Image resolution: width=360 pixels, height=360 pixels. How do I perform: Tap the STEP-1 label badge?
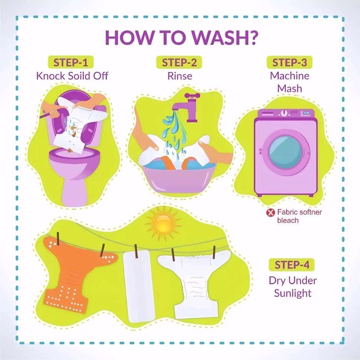(71, 62)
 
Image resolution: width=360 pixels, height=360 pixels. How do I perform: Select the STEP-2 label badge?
(179, 62)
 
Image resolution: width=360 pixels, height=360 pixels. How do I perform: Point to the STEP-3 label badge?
(289, 62)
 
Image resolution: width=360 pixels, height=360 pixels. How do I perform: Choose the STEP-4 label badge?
(292, 265)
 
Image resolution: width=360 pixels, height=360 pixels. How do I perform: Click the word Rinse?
(180, 76)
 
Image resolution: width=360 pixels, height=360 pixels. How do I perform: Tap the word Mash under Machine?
(289, 89)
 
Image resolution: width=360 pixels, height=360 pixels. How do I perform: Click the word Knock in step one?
(50, 76)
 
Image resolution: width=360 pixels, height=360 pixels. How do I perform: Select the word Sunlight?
(293, 293)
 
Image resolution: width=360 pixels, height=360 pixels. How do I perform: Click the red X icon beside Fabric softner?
(271, 212)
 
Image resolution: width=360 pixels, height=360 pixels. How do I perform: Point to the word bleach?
(288, 220)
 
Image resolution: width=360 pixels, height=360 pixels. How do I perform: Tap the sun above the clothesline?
(163, 223)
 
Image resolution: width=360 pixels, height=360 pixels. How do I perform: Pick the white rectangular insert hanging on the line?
(138, 286)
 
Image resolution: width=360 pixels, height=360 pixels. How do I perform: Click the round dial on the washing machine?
(284, 113)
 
